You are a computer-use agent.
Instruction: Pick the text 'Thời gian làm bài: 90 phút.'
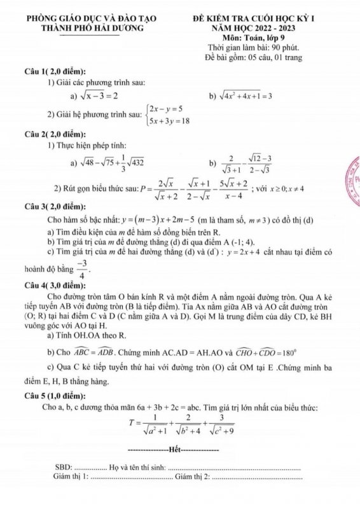258,48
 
